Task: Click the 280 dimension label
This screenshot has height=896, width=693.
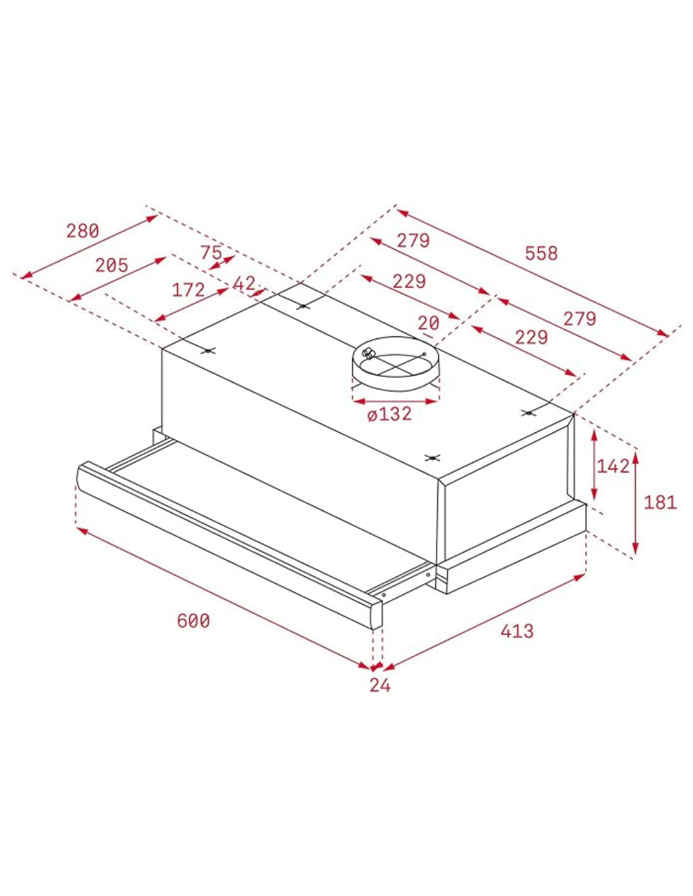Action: tap(83, 231)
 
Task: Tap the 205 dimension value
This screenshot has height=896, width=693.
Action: tap(112, 265)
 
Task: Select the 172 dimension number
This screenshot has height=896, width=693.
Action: tap(188, 290)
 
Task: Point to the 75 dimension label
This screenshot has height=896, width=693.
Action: tap(211, 253)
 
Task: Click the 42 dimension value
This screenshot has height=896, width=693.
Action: tap(244, 284)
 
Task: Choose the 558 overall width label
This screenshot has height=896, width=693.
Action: tap(541, 253)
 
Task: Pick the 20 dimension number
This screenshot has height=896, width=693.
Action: tap(428, 323)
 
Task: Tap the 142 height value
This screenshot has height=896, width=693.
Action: tap(613, 466)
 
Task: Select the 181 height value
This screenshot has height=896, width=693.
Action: tap(660, 502)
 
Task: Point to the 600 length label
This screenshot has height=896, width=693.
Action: tap(193, 621)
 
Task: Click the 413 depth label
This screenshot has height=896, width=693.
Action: tap(517, 631)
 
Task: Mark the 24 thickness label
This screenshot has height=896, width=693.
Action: tap(380, 686)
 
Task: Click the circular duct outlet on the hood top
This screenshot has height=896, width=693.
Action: tap(394, 362)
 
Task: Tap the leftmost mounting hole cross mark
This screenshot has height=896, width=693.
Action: tap(208, 351)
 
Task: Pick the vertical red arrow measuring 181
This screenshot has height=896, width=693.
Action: tap(636, 504)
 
